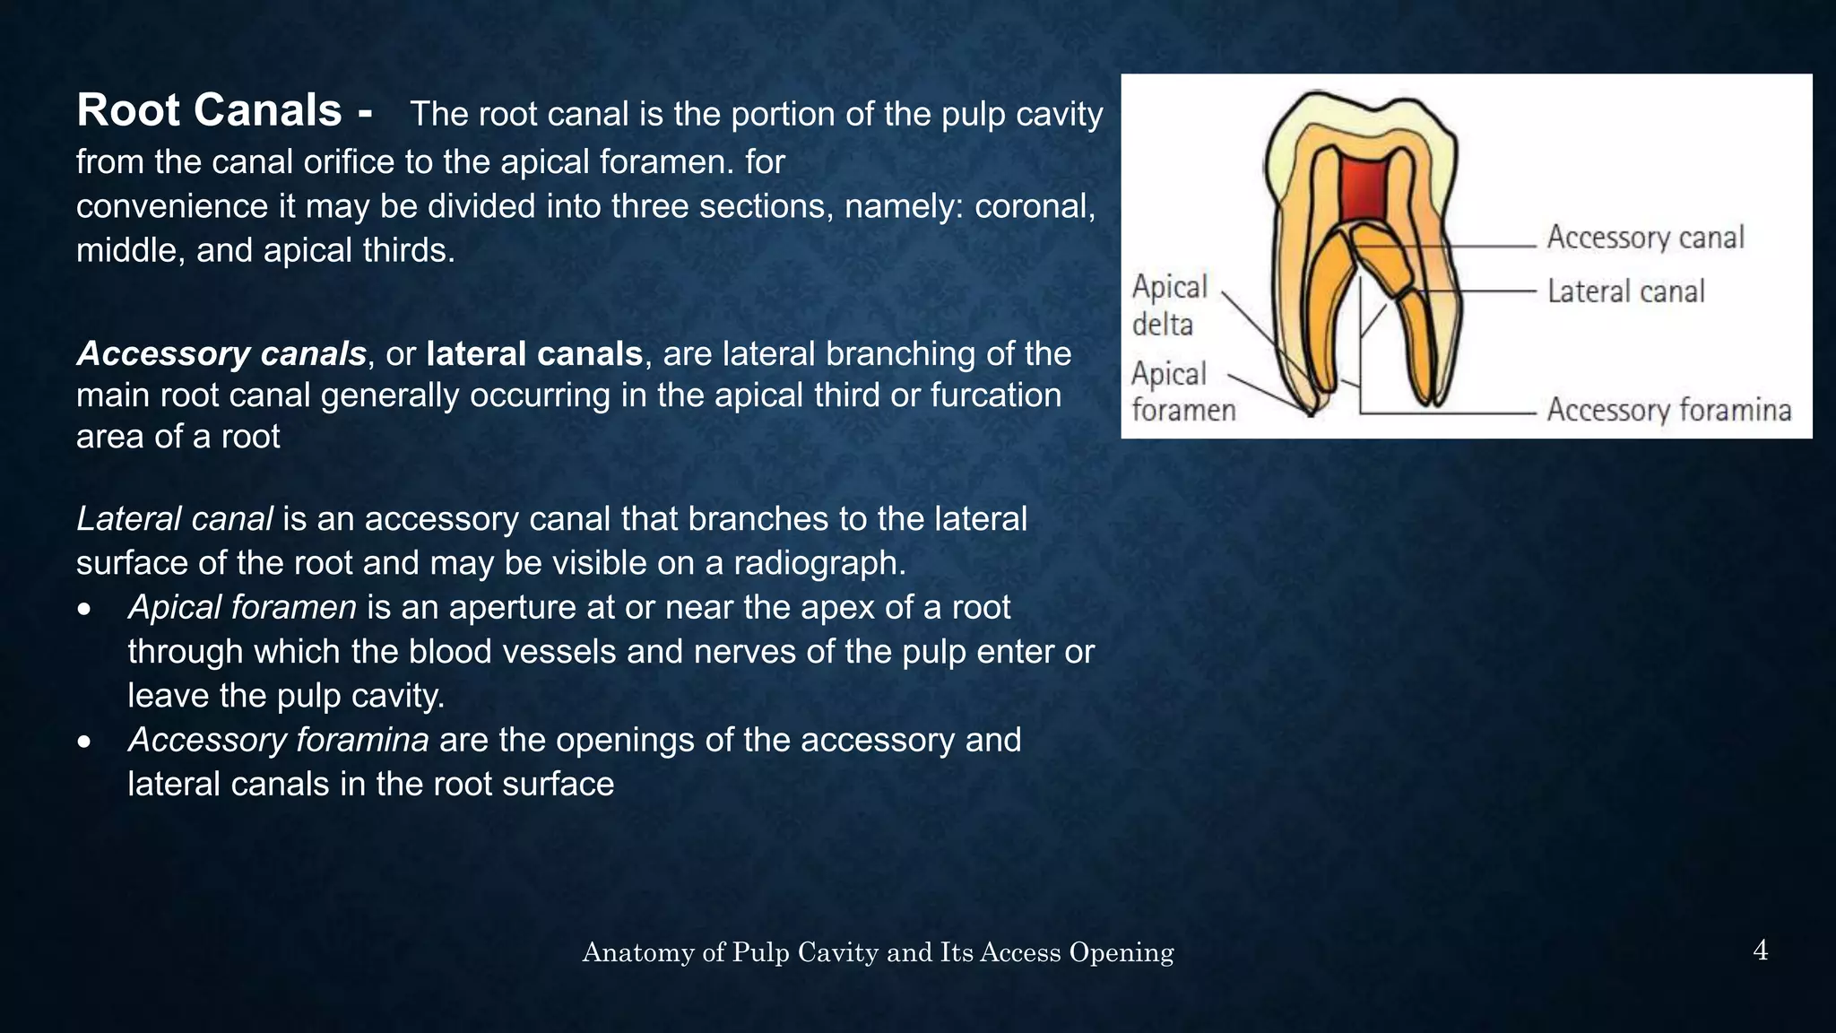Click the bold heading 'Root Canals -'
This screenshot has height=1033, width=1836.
click(224, 111)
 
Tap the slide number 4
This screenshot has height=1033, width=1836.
click(1760, 951)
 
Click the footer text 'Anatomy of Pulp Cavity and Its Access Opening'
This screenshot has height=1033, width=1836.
click(878, 952)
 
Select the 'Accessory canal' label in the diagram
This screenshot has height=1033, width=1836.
click(1645, 238)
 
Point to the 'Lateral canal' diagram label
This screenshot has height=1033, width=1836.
click(1625, 291)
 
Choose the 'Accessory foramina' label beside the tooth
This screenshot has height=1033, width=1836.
click(1668, 410)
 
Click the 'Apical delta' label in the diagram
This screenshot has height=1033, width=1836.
click(1169, 305)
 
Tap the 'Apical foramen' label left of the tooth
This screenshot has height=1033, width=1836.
click(1182, 392)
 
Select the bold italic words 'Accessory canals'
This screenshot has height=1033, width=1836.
click(221, 354)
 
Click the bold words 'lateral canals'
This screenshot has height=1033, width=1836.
click(534, 354)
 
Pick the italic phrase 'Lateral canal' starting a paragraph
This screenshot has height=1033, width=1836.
click(175, 519)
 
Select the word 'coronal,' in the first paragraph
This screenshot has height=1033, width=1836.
click(1035, 207)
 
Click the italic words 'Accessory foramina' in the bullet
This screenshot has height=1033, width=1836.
click(278, 741)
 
